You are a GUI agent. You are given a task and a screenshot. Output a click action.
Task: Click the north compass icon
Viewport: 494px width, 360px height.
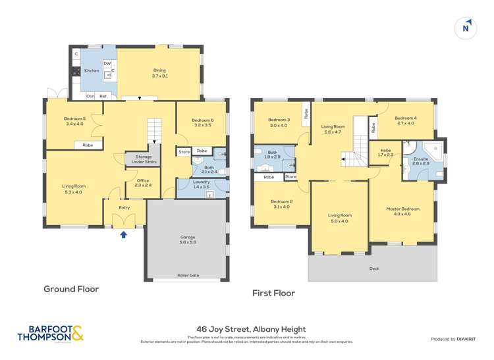tap(466, 27)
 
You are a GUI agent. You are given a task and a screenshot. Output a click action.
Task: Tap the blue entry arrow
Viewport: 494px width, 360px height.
tap(123, 234)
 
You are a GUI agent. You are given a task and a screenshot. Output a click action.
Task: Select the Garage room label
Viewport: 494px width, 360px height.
tap(188, 239)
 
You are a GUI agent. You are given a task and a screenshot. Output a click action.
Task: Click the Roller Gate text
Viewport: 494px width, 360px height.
tap(188, 276)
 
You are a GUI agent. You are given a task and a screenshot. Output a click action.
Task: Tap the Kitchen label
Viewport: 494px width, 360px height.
tap(91, 70)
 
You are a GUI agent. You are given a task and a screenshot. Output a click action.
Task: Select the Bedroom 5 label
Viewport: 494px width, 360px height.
tap(75, 120)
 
